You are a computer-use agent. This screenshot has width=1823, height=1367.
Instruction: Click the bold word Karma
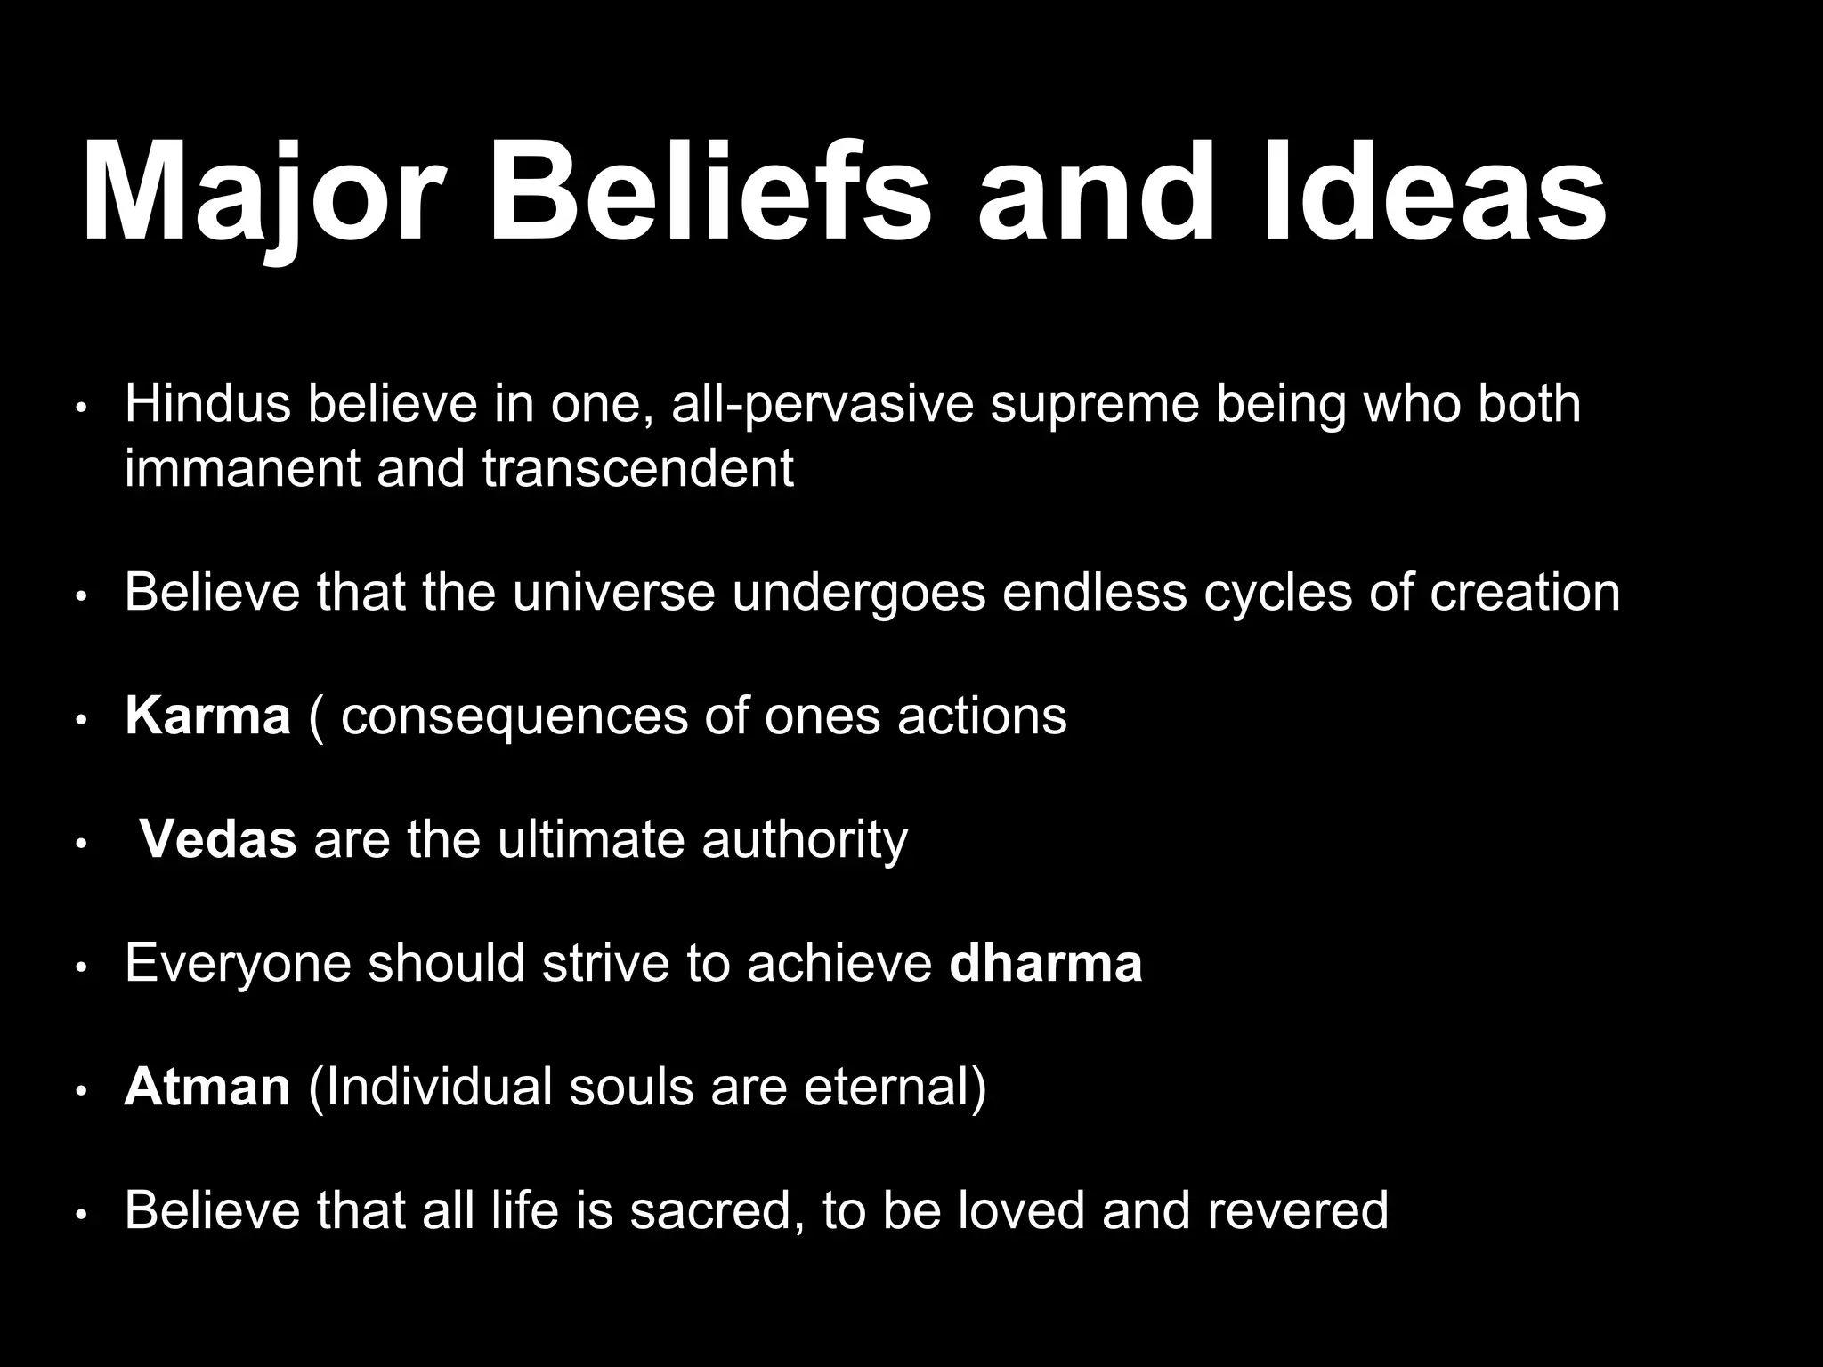coord(207,716)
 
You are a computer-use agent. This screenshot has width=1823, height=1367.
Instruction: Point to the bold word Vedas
coord(218,839)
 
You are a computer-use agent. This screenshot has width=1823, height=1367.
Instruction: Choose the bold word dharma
coord(1045,963)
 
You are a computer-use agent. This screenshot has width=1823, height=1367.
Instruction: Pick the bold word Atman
coord(207,1087)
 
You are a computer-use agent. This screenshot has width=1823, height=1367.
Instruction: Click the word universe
coord(613,593)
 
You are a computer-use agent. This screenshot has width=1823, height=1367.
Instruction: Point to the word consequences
coord(514,717)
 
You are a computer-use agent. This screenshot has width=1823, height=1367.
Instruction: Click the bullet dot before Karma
coord(81,720)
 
